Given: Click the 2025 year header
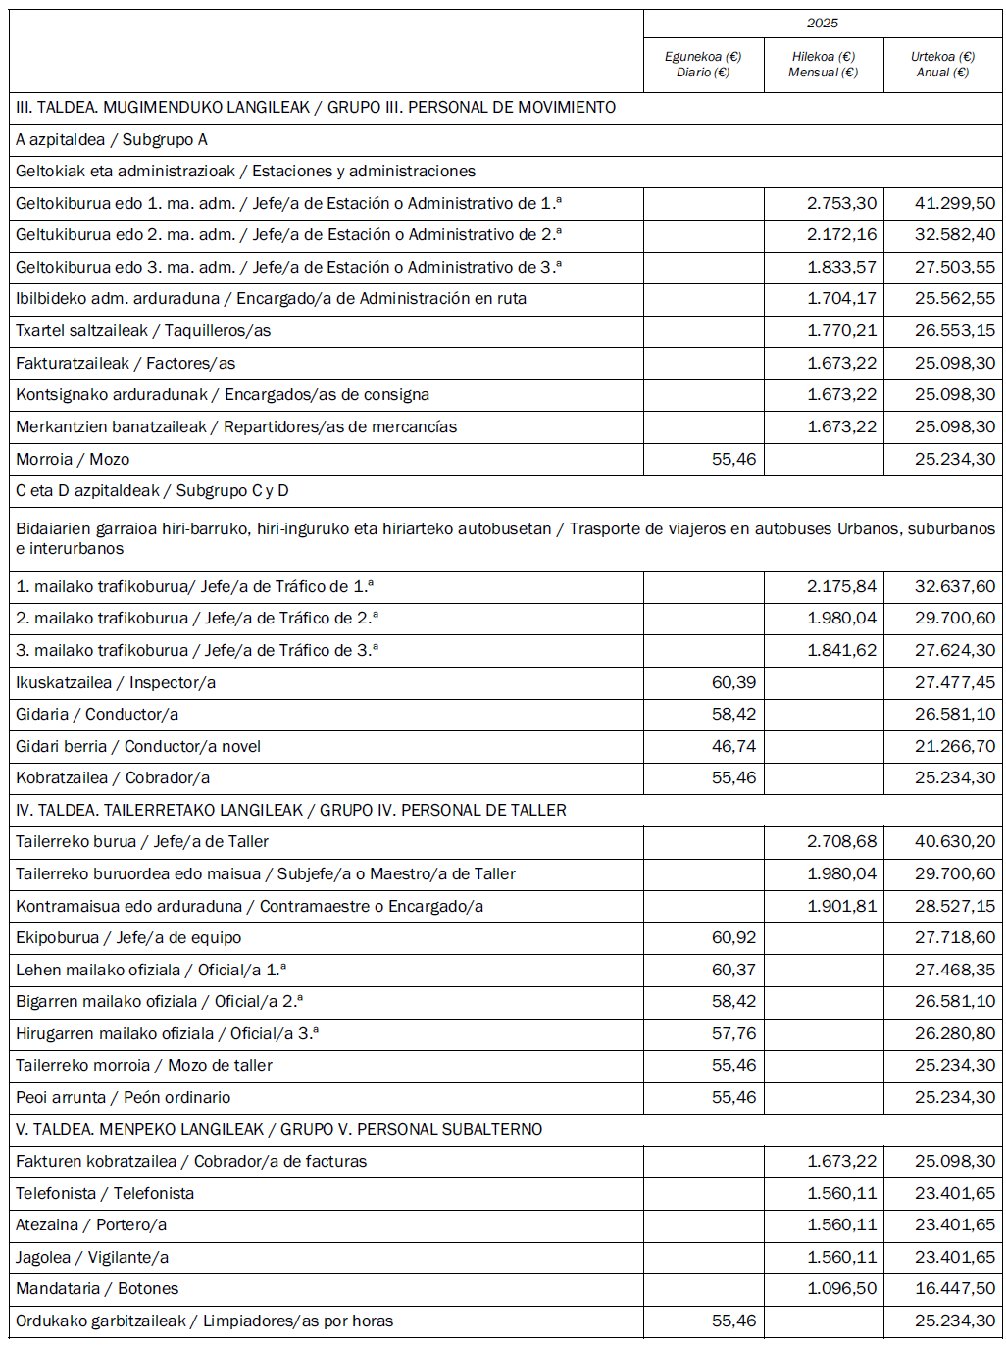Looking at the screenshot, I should tap(823, 24).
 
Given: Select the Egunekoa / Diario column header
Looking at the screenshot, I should tap(703, 65).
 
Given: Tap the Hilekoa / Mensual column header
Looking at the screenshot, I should tap(823, 65).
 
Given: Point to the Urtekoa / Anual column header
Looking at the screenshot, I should tap(942, 65).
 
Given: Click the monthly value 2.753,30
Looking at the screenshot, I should tap(841, 203).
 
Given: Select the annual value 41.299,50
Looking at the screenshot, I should tap(954, 203).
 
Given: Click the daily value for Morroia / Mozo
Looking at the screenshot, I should tap(733, 459).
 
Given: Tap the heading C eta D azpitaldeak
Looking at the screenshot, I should tap(152, 491).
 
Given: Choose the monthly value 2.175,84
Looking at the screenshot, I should tap(841, 586).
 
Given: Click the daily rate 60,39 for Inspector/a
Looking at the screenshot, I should tap(733, 682).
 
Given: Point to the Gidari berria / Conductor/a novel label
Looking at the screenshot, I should tap(138, 747).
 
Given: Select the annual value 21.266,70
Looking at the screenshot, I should tap(954, 747).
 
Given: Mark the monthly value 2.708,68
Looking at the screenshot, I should tap(841, 842).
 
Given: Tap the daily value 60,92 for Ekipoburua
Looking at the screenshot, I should tap(733, 938).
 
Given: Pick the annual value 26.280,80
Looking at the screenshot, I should tap(954, 1034).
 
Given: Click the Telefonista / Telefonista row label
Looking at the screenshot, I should tap(105, 1194).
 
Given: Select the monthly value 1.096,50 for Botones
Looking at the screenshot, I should tap(841, 1289).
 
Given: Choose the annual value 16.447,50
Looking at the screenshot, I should tap(954, 1289).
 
